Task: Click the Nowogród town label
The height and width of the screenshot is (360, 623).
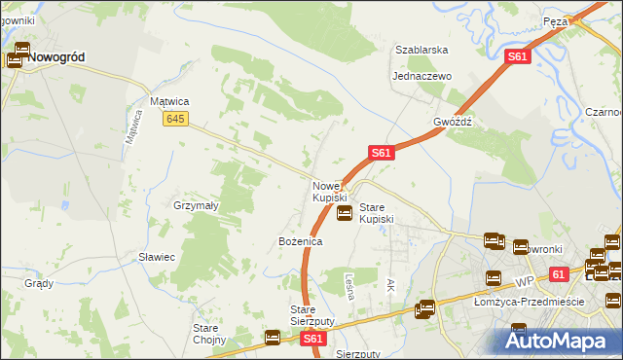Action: pos(55,57)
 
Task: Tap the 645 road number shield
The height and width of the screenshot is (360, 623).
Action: pos(175,119)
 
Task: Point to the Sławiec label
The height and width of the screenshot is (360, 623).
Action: pos(156,257)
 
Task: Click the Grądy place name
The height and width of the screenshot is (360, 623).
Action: pos(39,284)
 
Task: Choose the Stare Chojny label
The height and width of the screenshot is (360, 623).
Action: pos(209,334)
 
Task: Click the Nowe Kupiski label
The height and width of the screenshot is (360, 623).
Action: pos(329,192)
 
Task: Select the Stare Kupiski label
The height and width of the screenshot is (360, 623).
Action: pos(377,214)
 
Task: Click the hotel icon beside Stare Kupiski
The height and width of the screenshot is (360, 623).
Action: pos(344,213)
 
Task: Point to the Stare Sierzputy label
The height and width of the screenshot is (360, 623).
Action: pos(312,315)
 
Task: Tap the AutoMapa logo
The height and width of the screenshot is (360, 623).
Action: pos(558,341)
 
